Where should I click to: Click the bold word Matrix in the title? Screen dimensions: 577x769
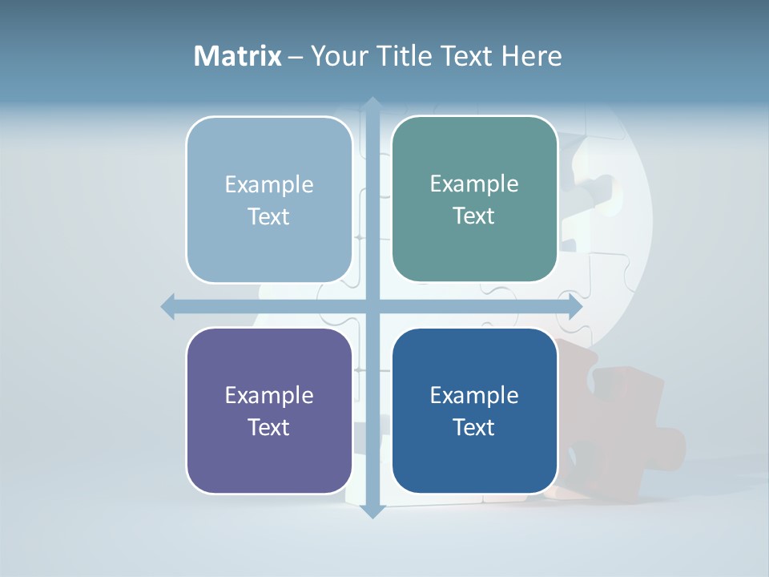point(237,56)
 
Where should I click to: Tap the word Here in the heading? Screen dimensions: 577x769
point(531,56)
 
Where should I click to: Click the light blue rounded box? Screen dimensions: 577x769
point(269,200)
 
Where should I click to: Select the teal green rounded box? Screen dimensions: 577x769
point(474,199)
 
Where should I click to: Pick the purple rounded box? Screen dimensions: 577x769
point(269,411)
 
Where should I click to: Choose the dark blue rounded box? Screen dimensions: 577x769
point(474,411)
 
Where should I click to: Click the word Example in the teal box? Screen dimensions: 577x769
point(474,184)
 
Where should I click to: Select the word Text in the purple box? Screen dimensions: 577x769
point(268,427)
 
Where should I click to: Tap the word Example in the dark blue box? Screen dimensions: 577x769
point(474,395)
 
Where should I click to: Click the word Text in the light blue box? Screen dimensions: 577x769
point(268,216)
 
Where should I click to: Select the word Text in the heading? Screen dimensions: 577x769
point(465,56)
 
